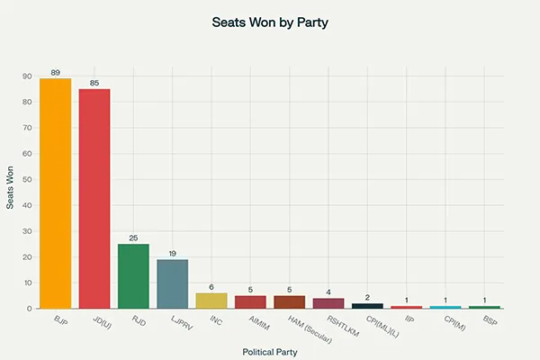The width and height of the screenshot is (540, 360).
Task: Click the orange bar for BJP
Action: [x=55, y=193]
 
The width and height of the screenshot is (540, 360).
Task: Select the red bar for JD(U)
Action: [x=94, y=198]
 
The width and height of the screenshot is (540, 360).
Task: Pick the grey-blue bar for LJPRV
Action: [x=173, y=283]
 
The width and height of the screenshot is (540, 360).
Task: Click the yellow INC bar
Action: [x=211, y=301]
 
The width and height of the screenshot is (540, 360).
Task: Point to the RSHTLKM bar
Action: [x=328, y=303]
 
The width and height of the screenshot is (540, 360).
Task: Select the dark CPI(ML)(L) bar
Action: [x=367, y=306]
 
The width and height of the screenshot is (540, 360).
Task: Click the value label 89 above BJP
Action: [x=55, y=72]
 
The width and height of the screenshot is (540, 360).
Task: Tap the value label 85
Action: [x=94, y=83]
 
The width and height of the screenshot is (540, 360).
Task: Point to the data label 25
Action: [x=133, y=238]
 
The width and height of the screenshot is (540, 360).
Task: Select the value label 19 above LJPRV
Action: [x=173, y=253]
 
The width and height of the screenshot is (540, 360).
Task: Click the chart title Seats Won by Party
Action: [x=270, y=22]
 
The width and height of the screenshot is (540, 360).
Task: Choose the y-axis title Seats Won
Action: [x=11, y=192]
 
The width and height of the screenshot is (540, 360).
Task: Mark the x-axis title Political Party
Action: [x=270, y=351]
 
